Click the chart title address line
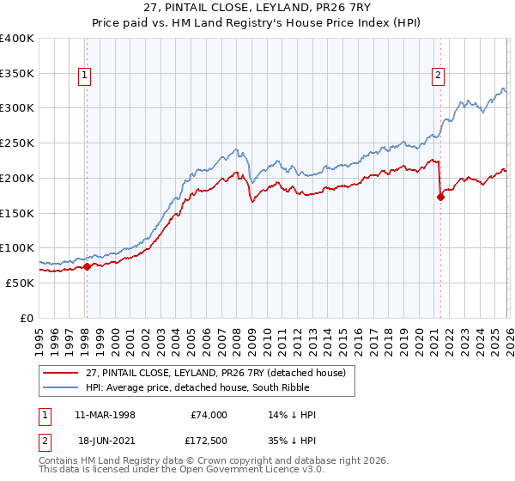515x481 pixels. [257, 9]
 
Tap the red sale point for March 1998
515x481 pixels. [87, 266]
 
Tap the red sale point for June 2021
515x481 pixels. [440, 197]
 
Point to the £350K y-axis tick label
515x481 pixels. [17, 73]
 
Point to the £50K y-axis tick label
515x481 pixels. [20, 283]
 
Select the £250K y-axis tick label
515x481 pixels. [17, 143]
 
